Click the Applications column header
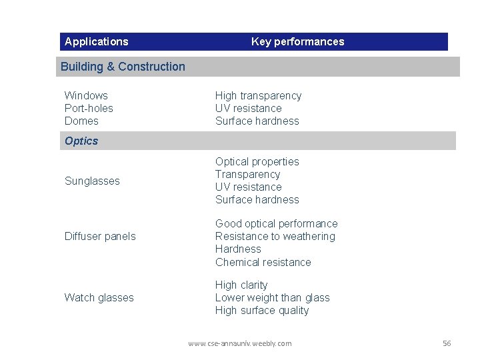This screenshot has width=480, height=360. click(x=97, y=41)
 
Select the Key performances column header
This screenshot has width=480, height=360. click(x=297, y=41)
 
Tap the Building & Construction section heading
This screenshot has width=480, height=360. click(x=123, y=67)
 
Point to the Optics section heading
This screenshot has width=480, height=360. click(x=81, y=141)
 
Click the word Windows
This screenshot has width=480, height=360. click(x=86, y=95)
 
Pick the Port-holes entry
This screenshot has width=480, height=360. click(x=89, y=108)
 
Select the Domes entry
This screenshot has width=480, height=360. click(x=81, y=121)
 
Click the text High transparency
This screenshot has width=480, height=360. click(x=258, y=95)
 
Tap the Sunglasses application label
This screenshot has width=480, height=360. click(x=92, y=181)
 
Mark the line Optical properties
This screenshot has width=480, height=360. click(x=257, y=161)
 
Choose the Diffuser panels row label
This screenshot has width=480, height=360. click(x=100, y=236)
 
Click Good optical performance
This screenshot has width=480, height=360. click(x=276, y=223)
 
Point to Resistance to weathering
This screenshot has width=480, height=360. click(x=275, y=236)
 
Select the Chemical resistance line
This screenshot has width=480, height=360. click(x=263, y=262)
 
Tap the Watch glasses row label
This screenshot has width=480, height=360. click(x=99, y=297)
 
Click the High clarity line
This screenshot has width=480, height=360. click(x=241, y=285)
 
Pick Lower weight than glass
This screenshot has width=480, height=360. click(x=272, y=297)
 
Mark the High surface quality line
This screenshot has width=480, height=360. click(x=262, y=310)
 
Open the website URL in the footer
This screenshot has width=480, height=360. click(x=239, y=343)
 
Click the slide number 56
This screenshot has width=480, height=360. click(x=447, y=343)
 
